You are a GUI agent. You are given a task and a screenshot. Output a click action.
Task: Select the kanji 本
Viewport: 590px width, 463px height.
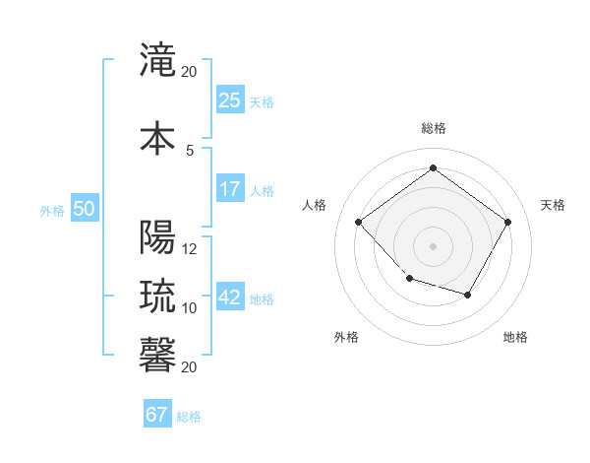[x=158, y=137]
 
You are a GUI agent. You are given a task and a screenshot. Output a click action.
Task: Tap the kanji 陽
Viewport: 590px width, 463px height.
[x=158, y=238]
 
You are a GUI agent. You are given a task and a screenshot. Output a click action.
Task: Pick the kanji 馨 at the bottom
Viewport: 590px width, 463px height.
[x=158, y=354]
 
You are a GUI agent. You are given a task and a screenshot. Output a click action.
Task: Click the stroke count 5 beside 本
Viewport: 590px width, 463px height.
[x=190, y=150]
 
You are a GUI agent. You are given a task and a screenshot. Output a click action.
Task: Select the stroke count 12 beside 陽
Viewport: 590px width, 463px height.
[x=190, y=249]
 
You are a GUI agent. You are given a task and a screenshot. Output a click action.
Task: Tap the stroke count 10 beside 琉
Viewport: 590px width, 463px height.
[x=190, y=307]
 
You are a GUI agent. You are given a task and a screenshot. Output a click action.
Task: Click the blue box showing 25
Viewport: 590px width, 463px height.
[x=229, y=99]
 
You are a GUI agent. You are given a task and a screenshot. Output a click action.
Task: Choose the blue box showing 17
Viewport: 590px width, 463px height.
[x=229, y=188]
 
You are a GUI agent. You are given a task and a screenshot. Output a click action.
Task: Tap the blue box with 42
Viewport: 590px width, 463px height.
[x=229, y=297]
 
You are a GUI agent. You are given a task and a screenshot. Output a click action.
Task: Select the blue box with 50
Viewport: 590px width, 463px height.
[x=84, y=208]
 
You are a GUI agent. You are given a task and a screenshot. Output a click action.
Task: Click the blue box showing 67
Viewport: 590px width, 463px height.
[x=156, y=415]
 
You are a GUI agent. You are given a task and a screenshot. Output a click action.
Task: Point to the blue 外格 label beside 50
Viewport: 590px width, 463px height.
[x=52, y=210]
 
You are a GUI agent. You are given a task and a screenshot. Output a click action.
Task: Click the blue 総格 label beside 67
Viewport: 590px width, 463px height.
[x=189, y=417]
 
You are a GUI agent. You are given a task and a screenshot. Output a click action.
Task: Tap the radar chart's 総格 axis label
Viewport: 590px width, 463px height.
[x=433, y=128]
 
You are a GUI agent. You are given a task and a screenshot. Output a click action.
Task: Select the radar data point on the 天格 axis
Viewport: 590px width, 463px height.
[x=507, y=222]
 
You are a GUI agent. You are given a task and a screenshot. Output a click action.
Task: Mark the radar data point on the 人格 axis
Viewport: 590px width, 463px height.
[x=359, y=223]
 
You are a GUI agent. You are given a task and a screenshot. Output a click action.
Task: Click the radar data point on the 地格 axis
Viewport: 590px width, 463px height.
[x=468, y=295]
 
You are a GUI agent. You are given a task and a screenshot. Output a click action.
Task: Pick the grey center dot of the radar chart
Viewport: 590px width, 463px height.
[x=433, y=245]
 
